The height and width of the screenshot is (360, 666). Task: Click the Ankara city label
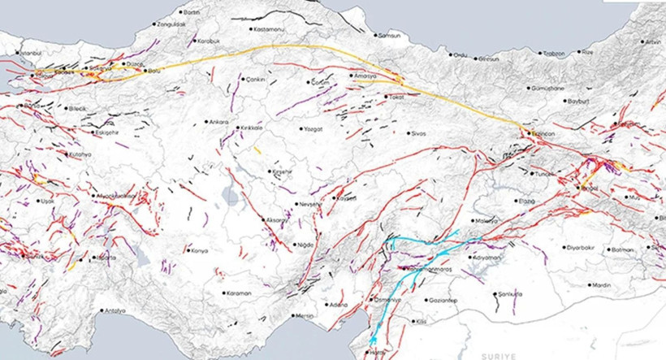click(x=220, y=122)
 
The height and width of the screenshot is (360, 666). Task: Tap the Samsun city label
click(x=392, y=35)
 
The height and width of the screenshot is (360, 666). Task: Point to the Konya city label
click(x=200, y=250)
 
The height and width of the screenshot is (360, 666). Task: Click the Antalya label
click(x=114, y=310)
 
